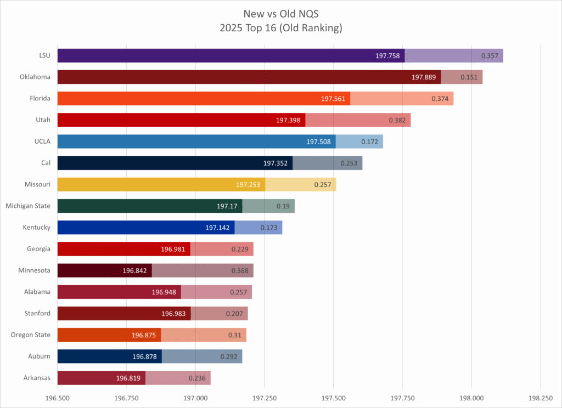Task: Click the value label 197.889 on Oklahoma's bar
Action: point(425,77)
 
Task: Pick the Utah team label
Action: point(41,120)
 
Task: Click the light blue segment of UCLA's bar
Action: point(359,141)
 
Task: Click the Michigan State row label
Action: point(28,206)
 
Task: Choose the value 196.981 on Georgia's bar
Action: point(174,249)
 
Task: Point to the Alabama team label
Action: point(37,292)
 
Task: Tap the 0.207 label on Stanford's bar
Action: point(234,313)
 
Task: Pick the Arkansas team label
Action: point(36,378)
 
